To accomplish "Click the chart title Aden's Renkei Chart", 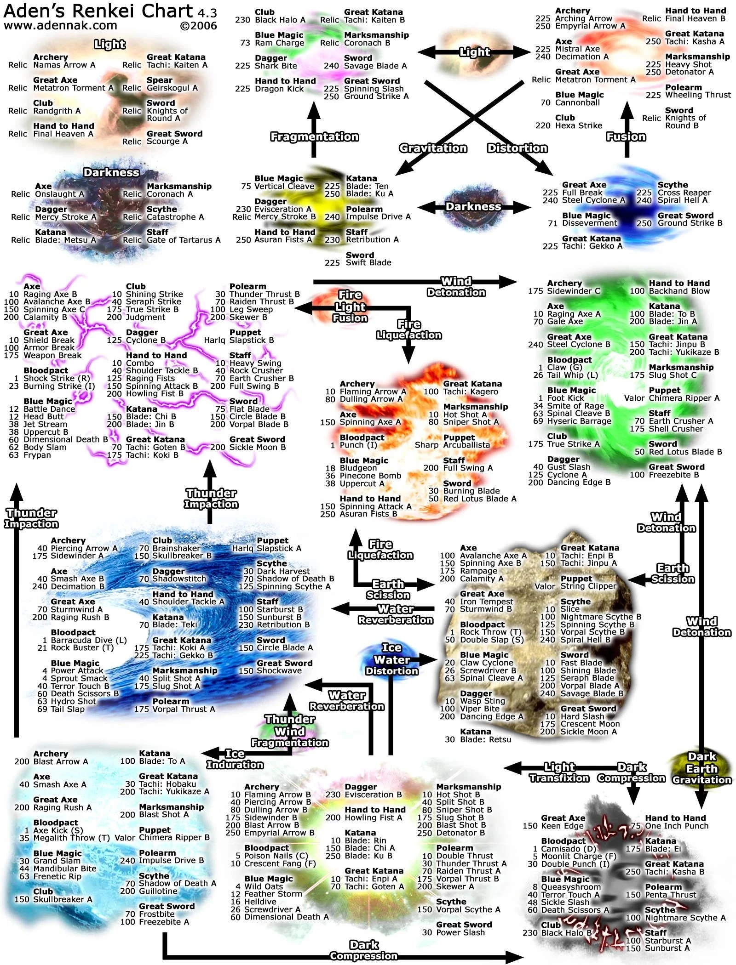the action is click(x=98, y=11).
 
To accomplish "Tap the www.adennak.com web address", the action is click(x=60, y=25).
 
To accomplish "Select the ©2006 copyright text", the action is click(x=198, y=26).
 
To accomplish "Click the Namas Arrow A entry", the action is click(x=64, y=65).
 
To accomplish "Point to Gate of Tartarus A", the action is click(x=184, y=240).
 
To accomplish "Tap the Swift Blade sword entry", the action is click(x=368, y=263).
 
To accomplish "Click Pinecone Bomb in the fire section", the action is click(x=370, y=476).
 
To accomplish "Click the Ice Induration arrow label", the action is click(x=235, y=759).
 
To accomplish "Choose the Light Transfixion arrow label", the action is click(x=559, y=772).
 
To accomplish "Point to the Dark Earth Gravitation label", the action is click(x=702, y=768).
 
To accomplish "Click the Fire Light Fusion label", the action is click(x=350, y=306).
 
